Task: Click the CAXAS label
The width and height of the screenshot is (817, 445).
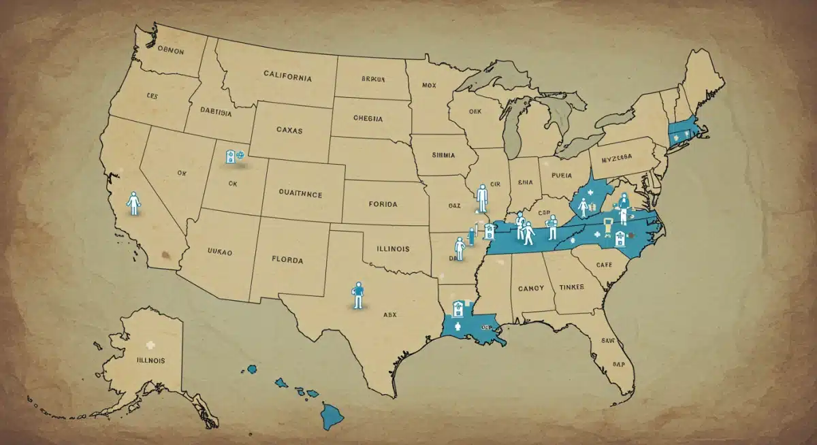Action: tap(294, 129)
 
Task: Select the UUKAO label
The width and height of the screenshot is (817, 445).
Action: tap(219, 252)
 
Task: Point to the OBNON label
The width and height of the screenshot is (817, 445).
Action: tap(170, 50)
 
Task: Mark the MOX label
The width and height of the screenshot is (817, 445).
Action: tap(428, 86)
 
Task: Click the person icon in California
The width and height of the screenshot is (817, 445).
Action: tap(134, 203)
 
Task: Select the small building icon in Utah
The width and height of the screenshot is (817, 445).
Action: tap(231, 156)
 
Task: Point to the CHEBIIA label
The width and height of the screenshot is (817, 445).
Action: tap(368, 118)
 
